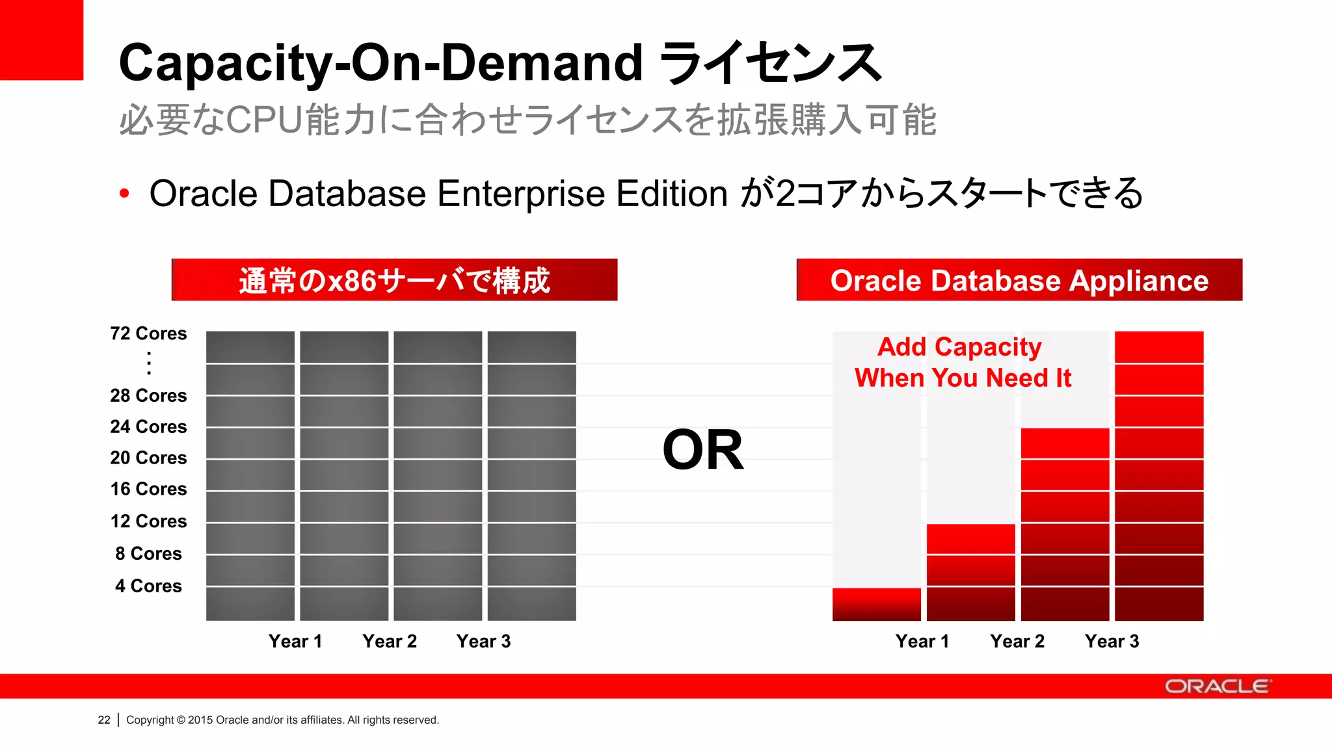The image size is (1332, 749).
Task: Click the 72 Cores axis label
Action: [148, 334]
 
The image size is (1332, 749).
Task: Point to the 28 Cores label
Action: [148, 395]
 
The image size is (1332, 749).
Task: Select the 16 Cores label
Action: [148, 489]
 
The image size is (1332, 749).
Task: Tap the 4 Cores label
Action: [148, 586]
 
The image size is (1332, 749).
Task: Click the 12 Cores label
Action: [148, 521]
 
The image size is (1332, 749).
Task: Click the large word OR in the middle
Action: [702, 450]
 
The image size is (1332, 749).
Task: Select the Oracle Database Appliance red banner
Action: [1019, 280]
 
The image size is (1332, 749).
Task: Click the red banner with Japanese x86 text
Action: [394, 280]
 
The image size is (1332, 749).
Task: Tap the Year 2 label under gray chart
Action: [390, 641]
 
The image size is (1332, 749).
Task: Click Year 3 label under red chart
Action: [1112, 641]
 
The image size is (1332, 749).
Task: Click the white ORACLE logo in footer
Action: [1217, 687]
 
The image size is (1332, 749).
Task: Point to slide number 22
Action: [104, 720]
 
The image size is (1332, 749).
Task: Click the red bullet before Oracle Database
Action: [124, 193]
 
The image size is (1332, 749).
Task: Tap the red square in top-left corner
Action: [41, 40]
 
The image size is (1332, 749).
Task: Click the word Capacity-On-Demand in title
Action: [380, 63]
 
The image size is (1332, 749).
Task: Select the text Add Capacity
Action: [959, 347]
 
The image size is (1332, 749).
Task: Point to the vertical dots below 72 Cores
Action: [149, 363]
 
